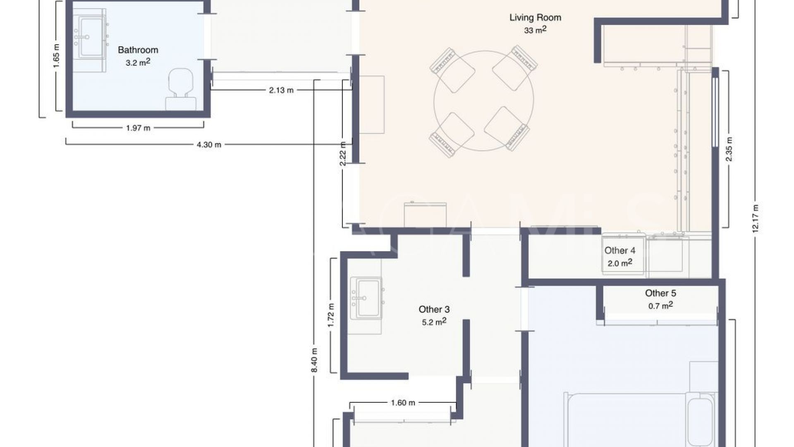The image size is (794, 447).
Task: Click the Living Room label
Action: [x=535, y=17]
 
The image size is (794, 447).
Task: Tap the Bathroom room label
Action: [x=138, y=50]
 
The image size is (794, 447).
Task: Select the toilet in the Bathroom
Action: [x=181, y=89]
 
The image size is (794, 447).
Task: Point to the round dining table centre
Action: [x=483, y=101]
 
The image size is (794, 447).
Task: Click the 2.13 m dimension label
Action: [x=281, y=90]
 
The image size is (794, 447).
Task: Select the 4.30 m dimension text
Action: [x=209, y=144]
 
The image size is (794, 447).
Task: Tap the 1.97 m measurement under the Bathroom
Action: [x=138, y=128]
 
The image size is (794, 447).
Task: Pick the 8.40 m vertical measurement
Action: [x=314, y=359]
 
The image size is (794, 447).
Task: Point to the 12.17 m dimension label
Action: [x=755, y=218]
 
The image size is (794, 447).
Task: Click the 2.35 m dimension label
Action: [x=729, y=149]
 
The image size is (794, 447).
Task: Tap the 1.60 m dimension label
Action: [x=403, y=403]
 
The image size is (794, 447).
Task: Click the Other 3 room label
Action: [x=434, y=310]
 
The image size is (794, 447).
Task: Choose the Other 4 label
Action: [x=619, y=250]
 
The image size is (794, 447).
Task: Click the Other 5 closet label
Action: [x=660, y=293]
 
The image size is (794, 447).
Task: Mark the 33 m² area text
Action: [x=535, y=30]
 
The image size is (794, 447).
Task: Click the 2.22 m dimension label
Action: [x=343, y=154]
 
